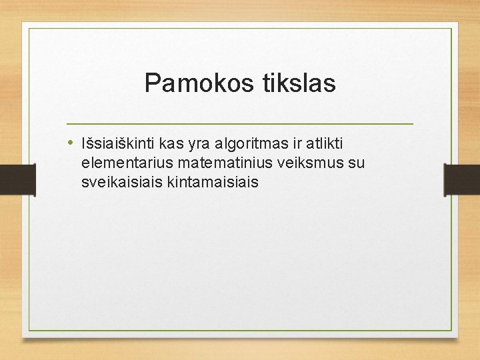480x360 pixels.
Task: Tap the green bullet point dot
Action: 71,142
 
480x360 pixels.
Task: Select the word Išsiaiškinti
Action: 118,143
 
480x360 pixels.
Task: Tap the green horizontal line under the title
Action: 240,124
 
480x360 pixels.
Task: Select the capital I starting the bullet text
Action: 83,143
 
